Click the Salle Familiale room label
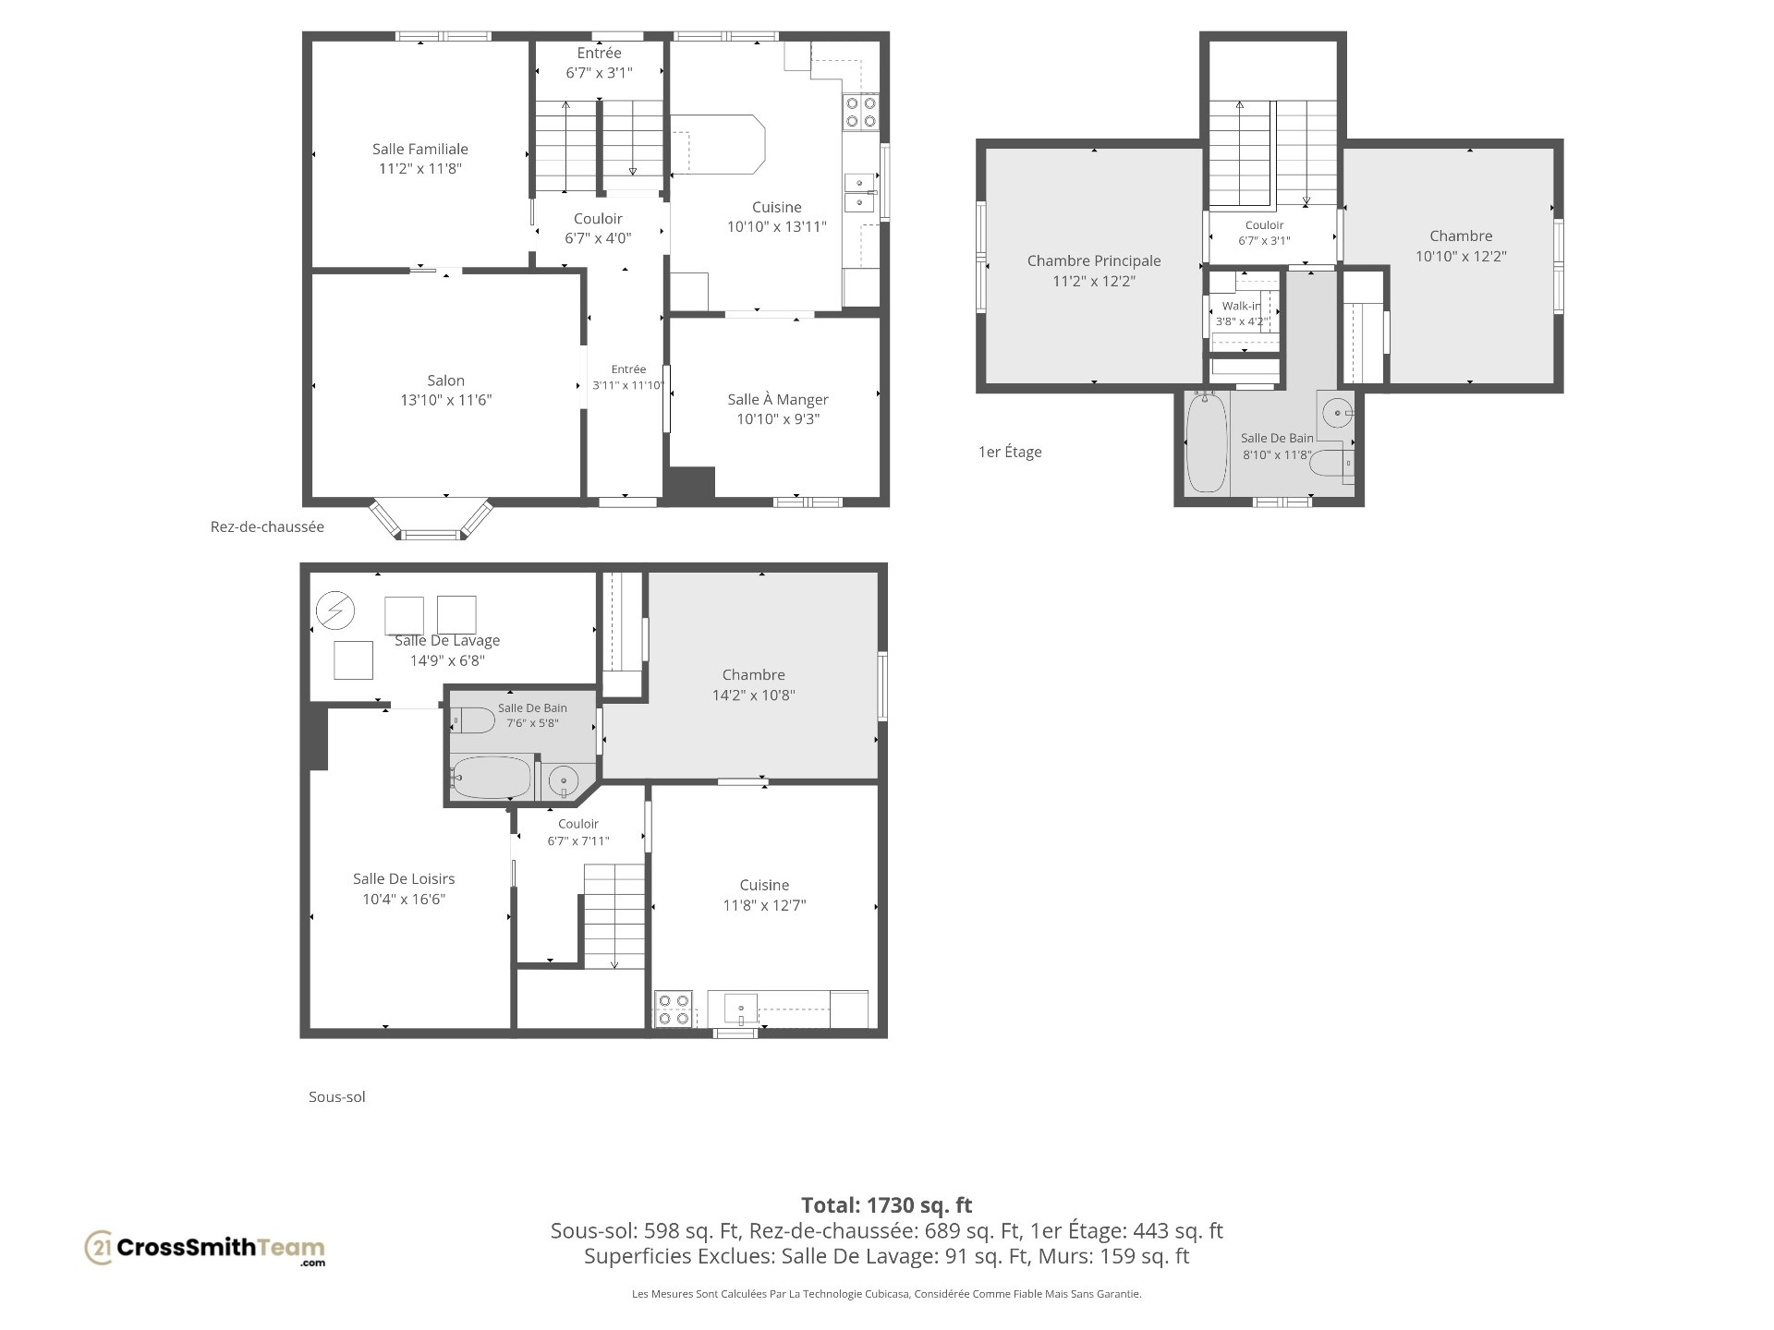pos(420,149)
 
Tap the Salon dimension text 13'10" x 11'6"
pos(446,400)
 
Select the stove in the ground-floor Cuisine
pos(860,113)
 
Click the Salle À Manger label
pos(778,399)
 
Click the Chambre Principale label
pos(1094,260)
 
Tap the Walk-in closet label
pos(1241,306)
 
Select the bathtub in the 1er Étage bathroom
pos(1206,441)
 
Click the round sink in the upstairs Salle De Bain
pos(1337,412)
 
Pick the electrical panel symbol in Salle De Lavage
pos(334,611)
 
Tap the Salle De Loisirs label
pos(404,878)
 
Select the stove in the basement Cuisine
pos(674,1009)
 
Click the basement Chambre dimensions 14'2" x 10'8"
pos(754,695)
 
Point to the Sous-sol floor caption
pos(337,1096)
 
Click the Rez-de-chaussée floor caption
pos(267,526)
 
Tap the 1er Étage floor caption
pos(1010,452)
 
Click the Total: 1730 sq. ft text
pos(887,1204)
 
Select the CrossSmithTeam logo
pos(205,1249)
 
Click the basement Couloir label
pos(578,824)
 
